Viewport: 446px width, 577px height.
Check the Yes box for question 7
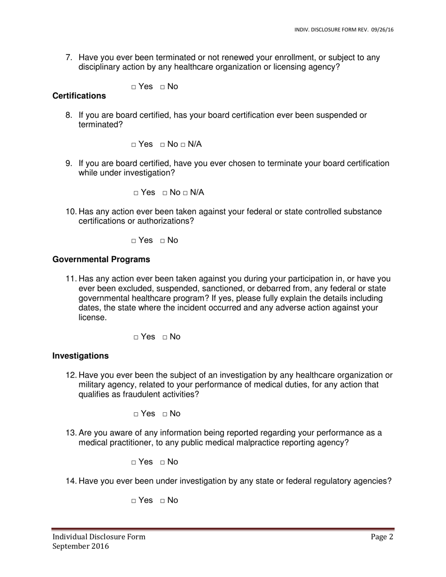coord(134,87)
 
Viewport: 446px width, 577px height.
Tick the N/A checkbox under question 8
coord(183,145)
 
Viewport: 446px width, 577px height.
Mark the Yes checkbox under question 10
coord(134,241)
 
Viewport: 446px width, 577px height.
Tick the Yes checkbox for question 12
coord(136,415)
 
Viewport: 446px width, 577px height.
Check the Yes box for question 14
coord(134,501)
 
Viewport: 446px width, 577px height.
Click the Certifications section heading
coord(79,96)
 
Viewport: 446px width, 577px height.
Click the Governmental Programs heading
coord(101,259)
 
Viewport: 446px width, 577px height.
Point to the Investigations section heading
coord(80,356)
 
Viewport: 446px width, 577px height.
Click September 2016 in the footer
coord(80,547)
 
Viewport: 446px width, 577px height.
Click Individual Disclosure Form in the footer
coord(99,537)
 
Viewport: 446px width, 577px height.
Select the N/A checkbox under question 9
coord(185,193)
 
